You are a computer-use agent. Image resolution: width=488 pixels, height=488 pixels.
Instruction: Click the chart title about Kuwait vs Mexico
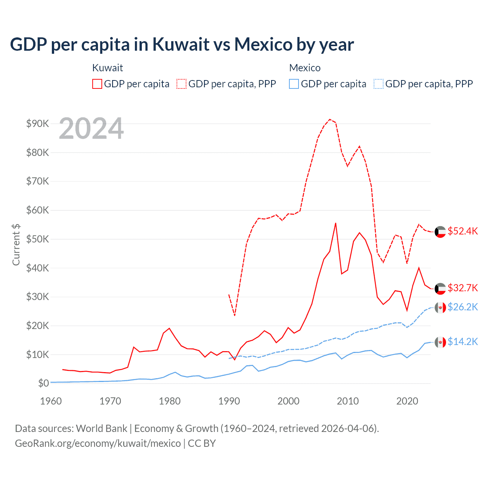tap(182, 44)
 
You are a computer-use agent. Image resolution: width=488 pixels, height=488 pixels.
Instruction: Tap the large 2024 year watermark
tap(91, 128)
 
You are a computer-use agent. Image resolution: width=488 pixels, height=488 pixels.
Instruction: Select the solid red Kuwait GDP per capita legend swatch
tap(97, 84)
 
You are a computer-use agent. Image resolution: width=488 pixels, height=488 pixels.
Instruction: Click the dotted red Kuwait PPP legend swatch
tap(182, 84)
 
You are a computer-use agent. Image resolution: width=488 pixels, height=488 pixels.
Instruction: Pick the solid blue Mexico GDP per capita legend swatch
tap(294, 84)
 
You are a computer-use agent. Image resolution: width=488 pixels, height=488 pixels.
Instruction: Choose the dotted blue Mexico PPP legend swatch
tap(379, 84)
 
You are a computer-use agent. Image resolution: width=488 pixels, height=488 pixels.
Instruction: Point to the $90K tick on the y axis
tap(38, 124)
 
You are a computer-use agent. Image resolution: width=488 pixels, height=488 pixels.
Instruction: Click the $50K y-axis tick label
tap(38, 239)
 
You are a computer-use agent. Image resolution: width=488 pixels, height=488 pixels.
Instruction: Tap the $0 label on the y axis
tap(43, 383)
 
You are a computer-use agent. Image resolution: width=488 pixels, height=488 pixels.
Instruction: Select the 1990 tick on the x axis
tap(229, 401)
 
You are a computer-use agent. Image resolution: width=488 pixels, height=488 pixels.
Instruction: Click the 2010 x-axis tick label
tap(348, 401)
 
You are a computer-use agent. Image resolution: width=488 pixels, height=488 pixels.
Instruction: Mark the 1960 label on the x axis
tap(51, 401)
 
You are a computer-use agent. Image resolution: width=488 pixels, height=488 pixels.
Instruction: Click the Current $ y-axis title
tap(16, 244)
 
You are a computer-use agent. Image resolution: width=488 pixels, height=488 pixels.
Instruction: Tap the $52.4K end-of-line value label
tap(462, 231)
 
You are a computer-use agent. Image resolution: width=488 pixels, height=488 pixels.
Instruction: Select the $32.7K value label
tap(462, 288)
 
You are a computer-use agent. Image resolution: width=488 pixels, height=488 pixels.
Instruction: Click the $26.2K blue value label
tap(462, 307)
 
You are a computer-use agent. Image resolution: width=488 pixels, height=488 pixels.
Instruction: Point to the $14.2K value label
tap(462, 342)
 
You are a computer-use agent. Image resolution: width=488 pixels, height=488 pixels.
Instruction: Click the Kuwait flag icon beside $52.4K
tap(440, 232)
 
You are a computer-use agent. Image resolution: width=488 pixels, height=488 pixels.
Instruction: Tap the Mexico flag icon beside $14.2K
tap(440, 342)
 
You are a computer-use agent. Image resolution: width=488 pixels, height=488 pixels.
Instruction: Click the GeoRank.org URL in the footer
tap(98, 443)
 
